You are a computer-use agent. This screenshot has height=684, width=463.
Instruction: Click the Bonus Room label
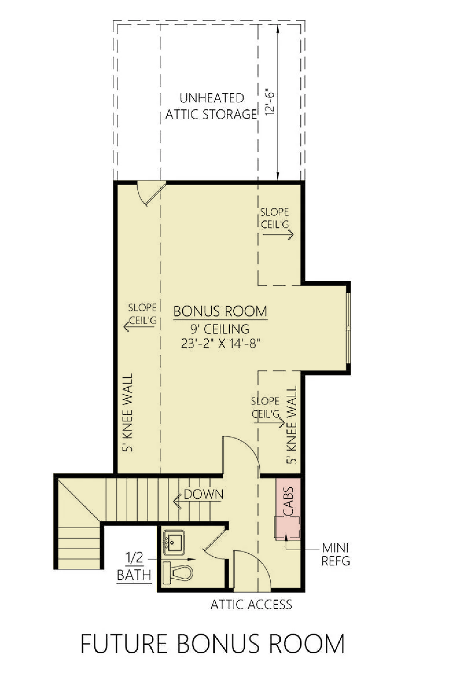point(220,311)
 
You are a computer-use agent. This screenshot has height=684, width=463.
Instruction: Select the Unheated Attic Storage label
point(211,106)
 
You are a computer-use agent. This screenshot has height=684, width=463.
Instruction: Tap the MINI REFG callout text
point(335,555)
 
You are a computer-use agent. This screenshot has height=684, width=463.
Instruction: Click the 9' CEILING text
point(220,329)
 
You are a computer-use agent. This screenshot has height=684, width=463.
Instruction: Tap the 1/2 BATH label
point(134,567)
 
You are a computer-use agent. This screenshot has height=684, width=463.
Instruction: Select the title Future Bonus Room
point(213,644)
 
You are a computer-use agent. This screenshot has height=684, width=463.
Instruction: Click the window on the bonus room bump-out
point(348,328)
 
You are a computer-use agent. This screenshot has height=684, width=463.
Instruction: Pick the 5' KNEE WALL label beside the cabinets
point(291,425)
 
